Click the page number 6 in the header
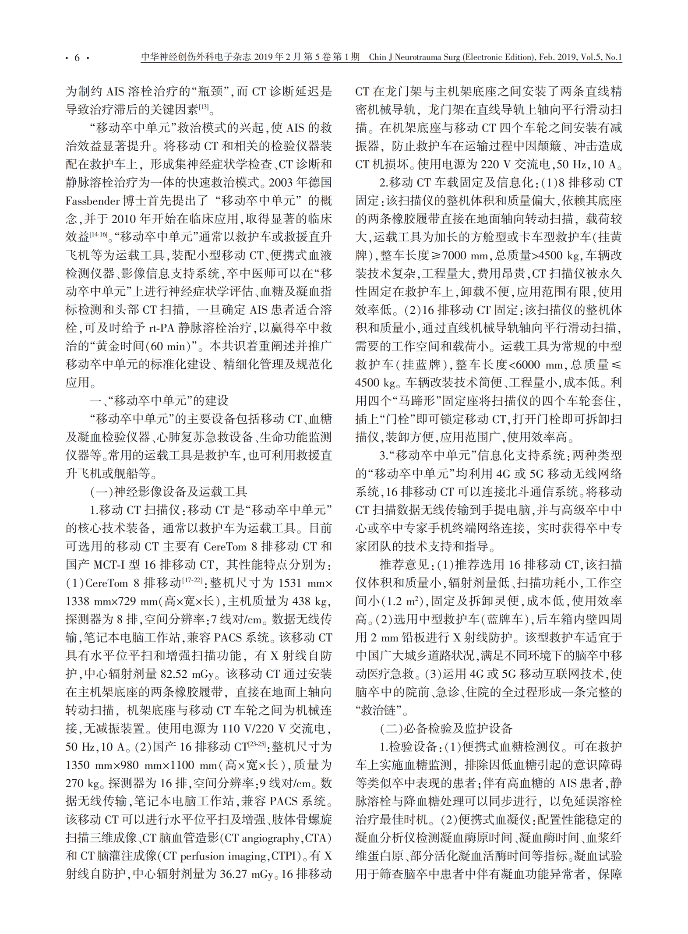pyautogui.click(x=77, y=58)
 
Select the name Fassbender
pyautogui.click(x=92, y=201)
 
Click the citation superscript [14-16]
pyautogui.click(x=99, y=234)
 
